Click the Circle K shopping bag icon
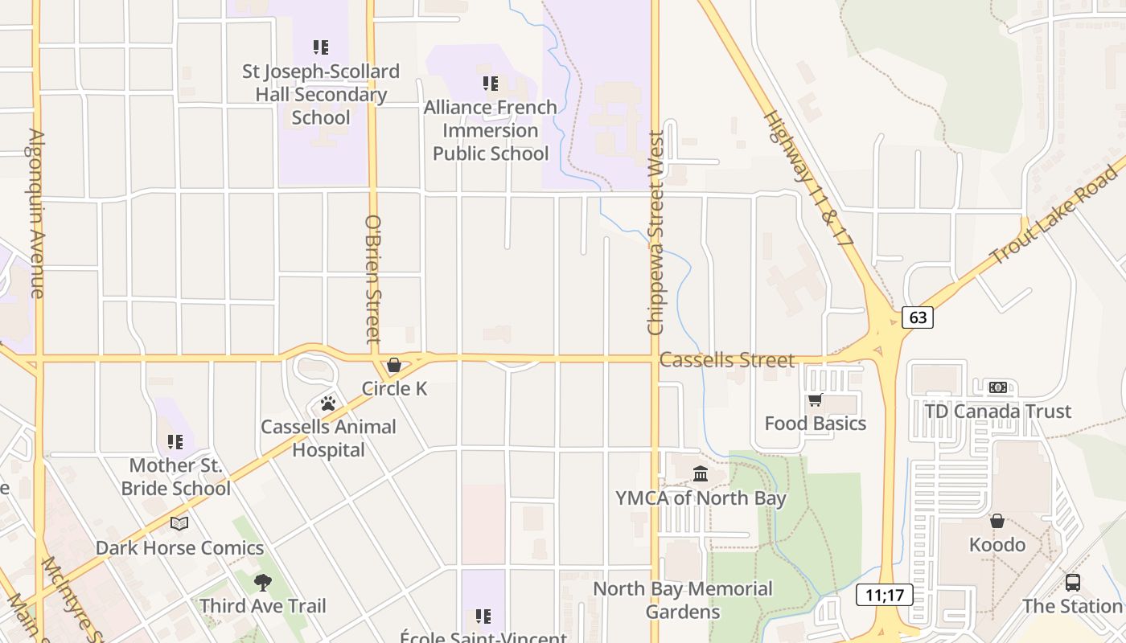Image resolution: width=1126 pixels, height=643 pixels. (394, 365)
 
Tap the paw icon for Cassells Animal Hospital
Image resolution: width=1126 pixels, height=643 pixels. (328, 403)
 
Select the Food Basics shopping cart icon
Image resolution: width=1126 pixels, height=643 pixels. (815, 399)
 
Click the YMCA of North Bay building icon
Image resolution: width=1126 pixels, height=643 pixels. (701, 474)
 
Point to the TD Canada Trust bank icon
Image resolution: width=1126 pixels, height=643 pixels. (997, 387)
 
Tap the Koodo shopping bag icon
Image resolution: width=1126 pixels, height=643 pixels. (997, 521)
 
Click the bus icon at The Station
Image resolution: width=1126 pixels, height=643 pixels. (1072, 582)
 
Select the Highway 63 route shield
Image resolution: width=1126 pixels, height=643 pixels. (918, 317)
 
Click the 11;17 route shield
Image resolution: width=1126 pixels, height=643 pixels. (884, 596)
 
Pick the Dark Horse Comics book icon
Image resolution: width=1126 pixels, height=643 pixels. (179, 524)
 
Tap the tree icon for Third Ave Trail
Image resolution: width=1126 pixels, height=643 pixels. (262, 582)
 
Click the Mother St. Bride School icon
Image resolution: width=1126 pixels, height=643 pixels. (175, 441)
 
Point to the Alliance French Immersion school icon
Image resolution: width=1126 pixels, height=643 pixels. (491, 84)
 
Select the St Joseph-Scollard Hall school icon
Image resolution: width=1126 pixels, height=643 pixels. (321, 47)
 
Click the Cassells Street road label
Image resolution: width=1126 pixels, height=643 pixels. (726, 360)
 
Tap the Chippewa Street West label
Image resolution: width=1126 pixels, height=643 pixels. (655, 233)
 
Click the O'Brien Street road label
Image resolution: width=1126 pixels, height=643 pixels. (372, 279)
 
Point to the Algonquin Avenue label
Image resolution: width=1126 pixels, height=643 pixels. (36, 213)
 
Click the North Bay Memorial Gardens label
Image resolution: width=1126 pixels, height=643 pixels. (683, 600)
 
